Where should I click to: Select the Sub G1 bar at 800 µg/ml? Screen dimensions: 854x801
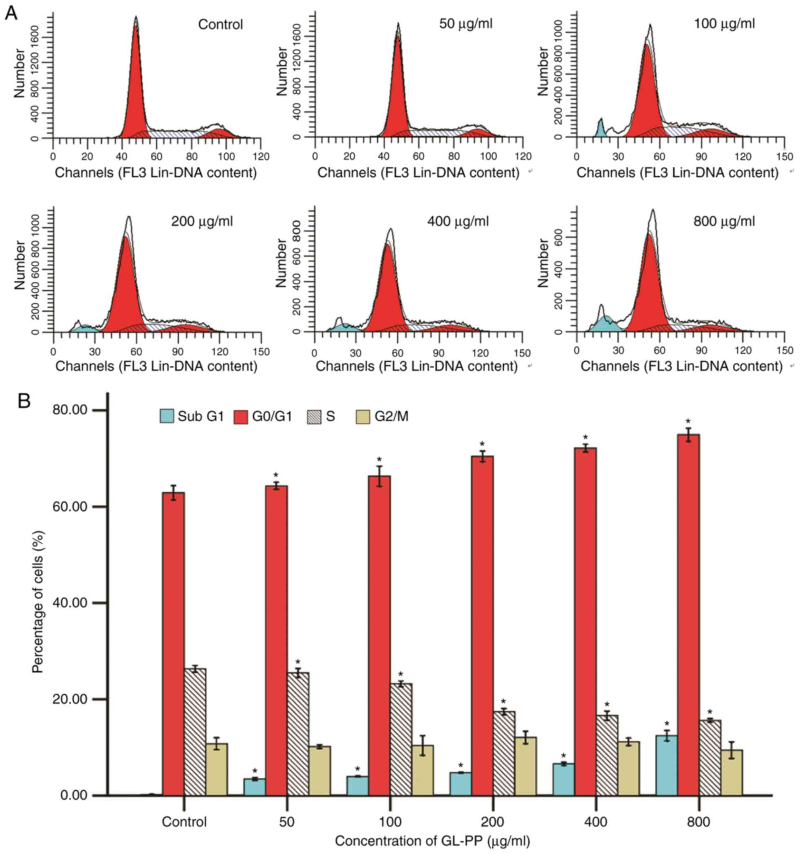[x=667, y=765]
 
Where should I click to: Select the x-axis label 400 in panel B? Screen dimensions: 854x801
[x=596, y=822]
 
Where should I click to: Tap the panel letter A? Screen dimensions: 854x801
[x=12, y=14]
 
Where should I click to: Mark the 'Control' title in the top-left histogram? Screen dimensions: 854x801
[x=220, y=24]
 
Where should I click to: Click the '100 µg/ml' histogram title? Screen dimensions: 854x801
[x=724, y=23]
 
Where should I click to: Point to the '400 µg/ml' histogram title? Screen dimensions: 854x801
[x=458, y=222]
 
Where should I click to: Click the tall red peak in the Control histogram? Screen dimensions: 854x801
[x=136, y=86]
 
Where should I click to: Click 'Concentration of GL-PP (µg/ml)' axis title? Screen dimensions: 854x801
[x=433, y=841]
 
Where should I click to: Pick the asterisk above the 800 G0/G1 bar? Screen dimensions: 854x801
[x=688, y=421]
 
